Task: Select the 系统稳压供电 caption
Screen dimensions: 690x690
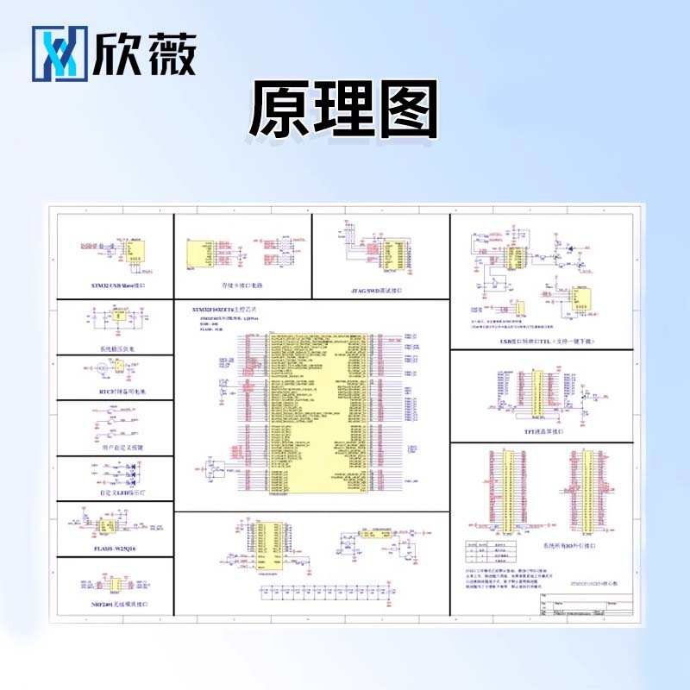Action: pos(116,349)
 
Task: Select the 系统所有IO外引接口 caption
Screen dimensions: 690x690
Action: pos(540,547)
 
